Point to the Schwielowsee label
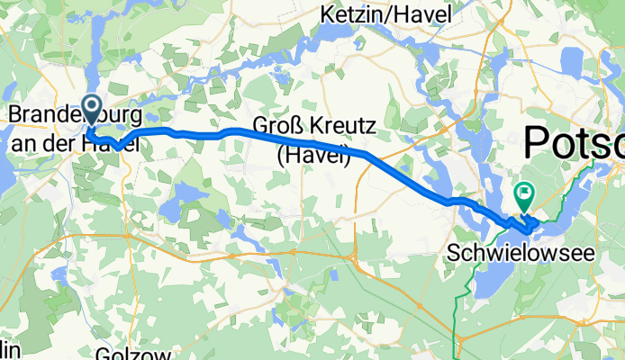[521, 255]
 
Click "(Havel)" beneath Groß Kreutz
[312, 155]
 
